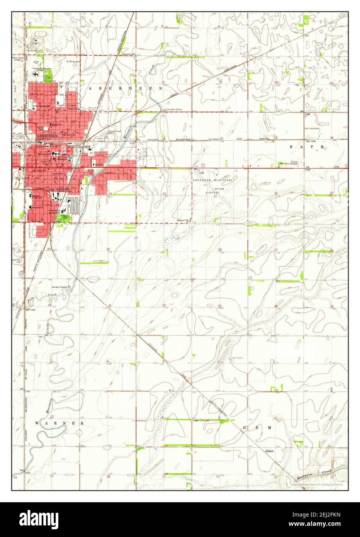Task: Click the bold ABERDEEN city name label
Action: tap(48, 136)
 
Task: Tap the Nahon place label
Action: tap(269, 451)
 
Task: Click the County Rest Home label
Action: tap(172, 110)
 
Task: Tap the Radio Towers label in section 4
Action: tap(237, 358)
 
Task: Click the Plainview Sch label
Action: tap(127, 54)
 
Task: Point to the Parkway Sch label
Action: tap(183, 220)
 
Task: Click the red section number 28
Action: tap(219, 250)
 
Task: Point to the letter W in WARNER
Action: tap(37, 423)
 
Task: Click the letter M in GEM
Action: tap(269, 428)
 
